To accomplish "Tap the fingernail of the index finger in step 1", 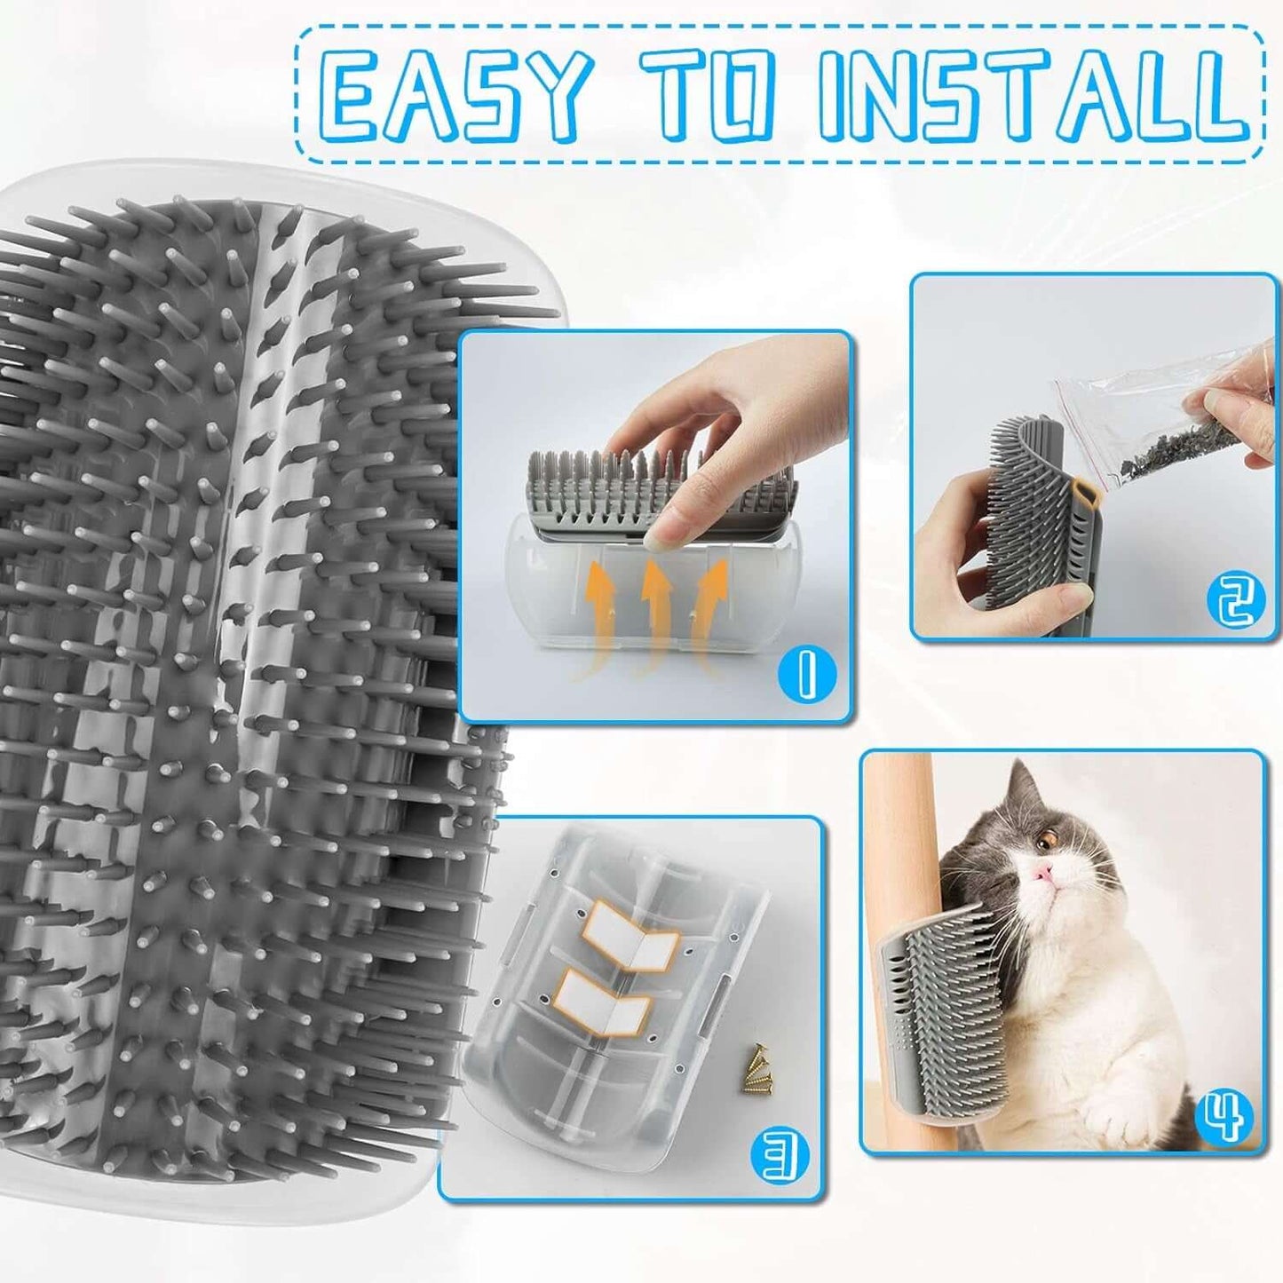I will (667, 530).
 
